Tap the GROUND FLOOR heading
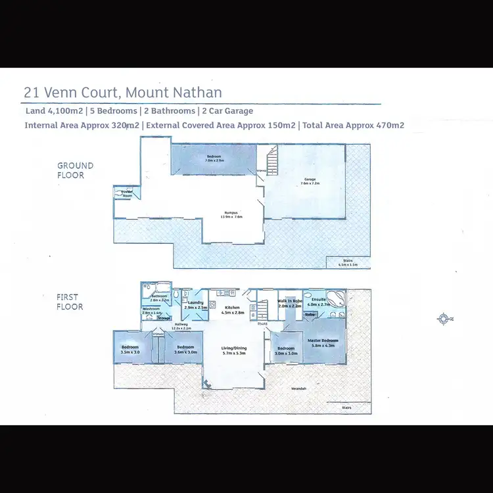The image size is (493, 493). pyautogui.click(x=76, y=170)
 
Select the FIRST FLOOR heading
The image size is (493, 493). pyautogui.click(x=70, y=302)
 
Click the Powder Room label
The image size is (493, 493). pyautogui.click(x=124, y=194)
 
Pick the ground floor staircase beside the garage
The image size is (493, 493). pyautogui.click(x=271, y=160)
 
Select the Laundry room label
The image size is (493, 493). pyautogui.click(x=196, y=305)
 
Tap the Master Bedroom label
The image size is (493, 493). pyautogui.click(x=322, y=342)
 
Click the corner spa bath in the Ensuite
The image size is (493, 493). pyautogui.click(x=335, y=298)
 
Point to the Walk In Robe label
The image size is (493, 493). pyautogui.click(x=289, y=303)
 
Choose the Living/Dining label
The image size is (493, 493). pyautogui.click(x=234, y=350)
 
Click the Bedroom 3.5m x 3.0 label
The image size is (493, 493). pyautogui.click(x=129, y=349)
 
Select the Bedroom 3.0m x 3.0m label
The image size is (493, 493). pyautogui.click(x=286, y=350)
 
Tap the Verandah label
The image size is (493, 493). pyautogui.click(x=299, y=388)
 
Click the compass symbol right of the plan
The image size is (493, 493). pyautogui.click(x=445, y=319)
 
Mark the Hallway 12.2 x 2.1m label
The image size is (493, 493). pyautogui.click(x=180, y=325)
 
